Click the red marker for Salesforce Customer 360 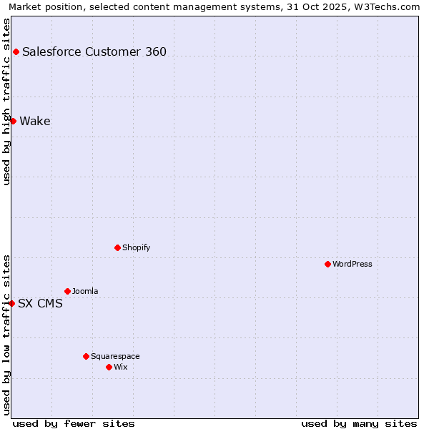[x=16, y=51]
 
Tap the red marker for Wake [x=13, y=121]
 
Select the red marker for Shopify [x=117, y=247]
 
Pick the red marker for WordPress [x=327, y=264]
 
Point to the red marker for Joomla [x=67, y=291]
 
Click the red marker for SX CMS [x=11, y=303]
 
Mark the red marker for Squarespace [x=86, y=356]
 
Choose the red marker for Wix [x=109, y=367]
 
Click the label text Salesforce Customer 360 [x=94, y=51]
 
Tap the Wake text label [x=35, y=121]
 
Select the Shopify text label [x=136, y=247]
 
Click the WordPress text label [x=352, y=264]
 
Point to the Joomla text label [x=85, y=291]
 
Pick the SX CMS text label [x=40, y=303]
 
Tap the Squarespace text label [x=115, y=356]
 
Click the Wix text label [x=120, y=367]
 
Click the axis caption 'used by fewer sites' [x=74, y=423]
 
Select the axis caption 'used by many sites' [x=359, y=423]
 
